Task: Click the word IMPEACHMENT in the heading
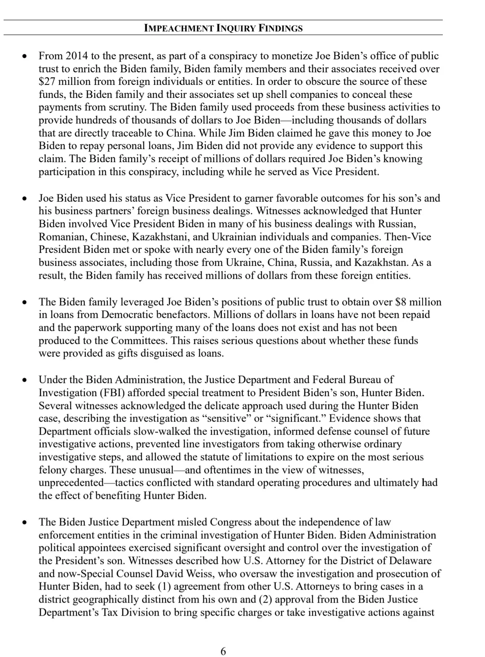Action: (179, 28)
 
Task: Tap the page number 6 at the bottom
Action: (223, 651)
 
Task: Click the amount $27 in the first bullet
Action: (46, 82)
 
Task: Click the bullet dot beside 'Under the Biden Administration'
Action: (26, 380)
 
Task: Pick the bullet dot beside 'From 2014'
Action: (26, 56)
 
